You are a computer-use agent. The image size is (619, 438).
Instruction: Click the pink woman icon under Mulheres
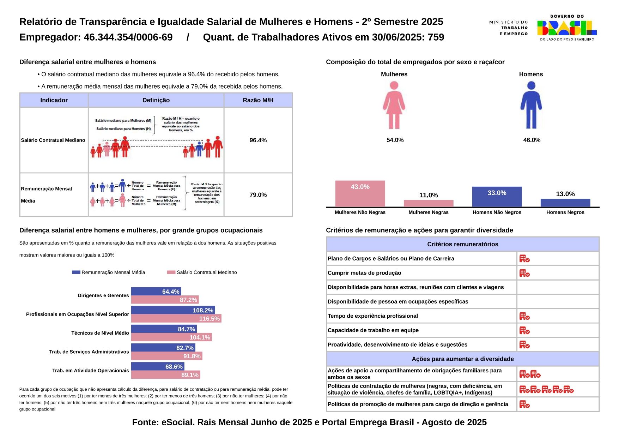click(394, 105)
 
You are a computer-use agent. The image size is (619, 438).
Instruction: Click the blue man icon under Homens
click(531, 105)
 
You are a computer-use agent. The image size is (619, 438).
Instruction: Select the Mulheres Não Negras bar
click(360, 194)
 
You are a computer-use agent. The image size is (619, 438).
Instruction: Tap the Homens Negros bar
click(565, 203)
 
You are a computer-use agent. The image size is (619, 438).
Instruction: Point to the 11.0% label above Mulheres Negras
click(428, 195)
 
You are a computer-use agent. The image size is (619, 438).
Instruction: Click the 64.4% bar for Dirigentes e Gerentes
click(156, 292)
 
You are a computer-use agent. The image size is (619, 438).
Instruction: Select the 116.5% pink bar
click(176, 319)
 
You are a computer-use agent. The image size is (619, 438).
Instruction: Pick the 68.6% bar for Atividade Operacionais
click(157, 367)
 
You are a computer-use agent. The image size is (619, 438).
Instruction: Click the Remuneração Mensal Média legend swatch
click(76, 272)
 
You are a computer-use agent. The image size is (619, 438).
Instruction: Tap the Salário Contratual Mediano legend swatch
click(171, 272)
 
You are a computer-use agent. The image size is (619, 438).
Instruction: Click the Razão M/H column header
click(258, 100)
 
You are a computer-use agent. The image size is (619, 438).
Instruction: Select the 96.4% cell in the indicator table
click(258, 140)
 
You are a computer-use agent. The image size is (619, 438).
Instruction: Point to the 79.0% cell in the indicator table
click(258, 195)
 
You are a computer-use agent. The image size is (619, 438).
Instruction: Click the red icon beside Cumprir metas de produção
click(524, 273)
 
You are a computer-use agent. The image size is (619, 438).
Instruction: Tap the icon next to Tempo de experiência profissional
click(524, 316)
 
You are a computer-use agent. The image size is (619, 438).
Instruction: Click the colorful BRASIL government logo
click(566, 28)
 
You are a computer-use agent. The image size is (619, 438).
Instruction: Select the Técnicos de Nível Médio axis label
click(100, 333)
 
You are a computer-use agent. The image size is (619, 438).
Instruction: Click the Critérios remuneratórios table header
click(462, 244)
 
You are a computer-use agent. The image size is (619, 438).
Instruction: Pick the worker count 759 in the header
click(436, 37)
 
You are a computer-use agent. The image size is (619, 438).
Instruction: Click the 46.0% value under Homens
click(532, 140)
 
